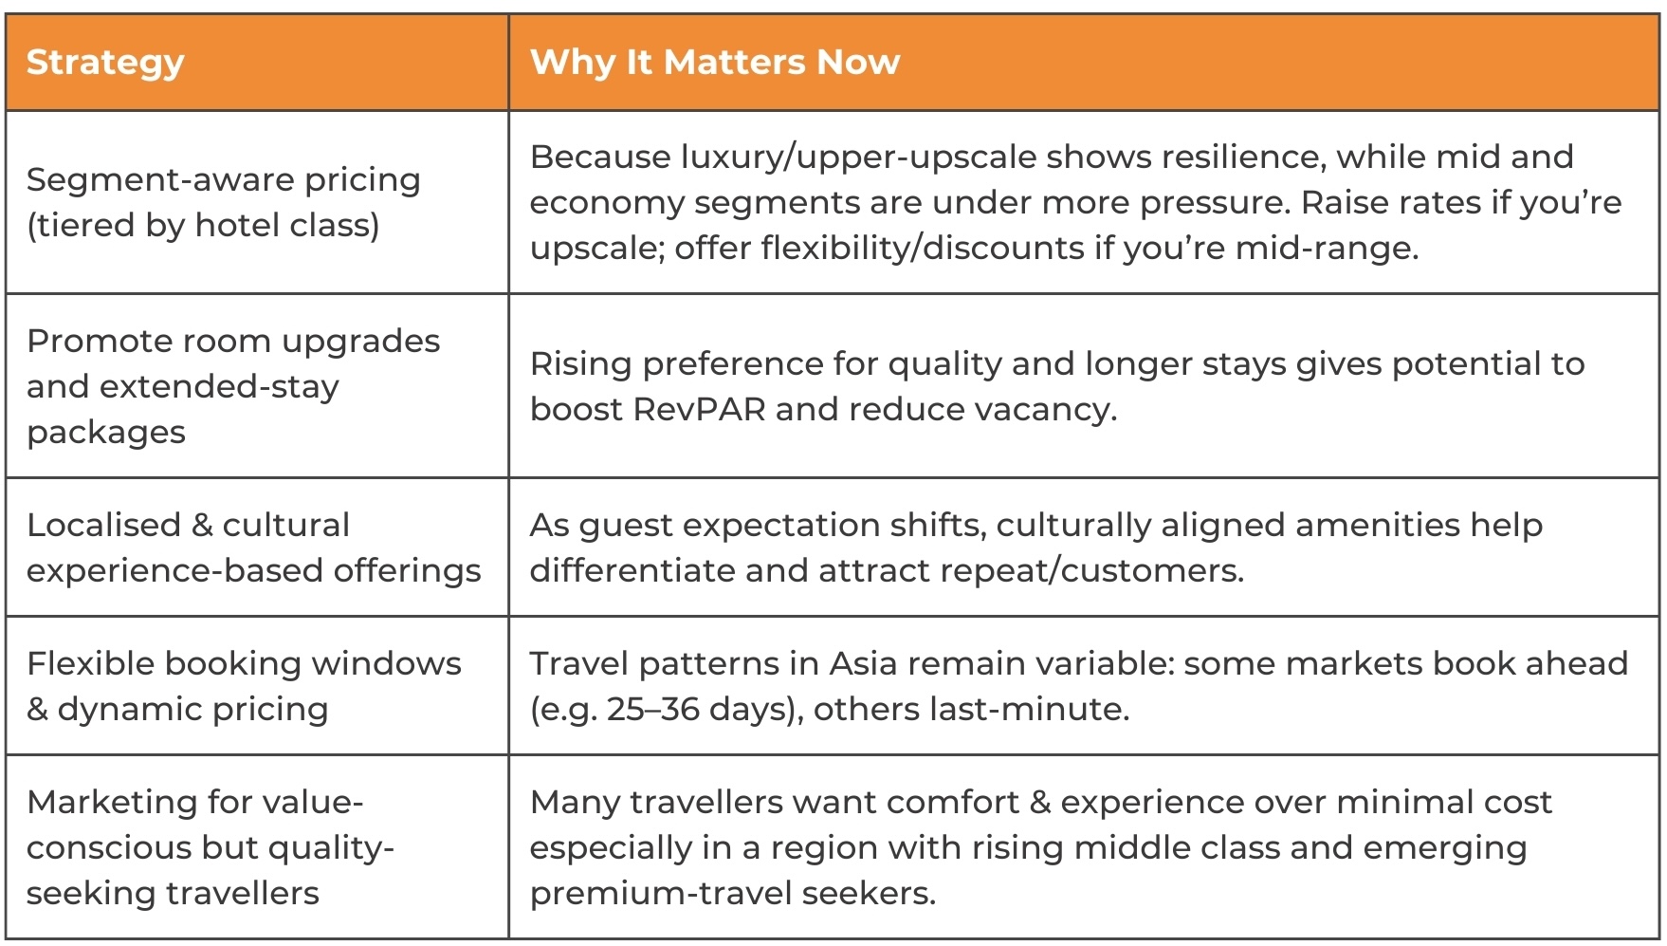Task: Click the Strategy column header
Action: (x=105, y=63)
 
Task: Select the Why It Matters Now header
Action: (x=714, y=63)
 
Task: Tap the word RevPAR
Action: (x=699, y=409)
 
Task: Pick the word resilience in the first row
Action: (x=1233, y=157)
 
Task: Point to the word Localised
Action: (x=102, y=525)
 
